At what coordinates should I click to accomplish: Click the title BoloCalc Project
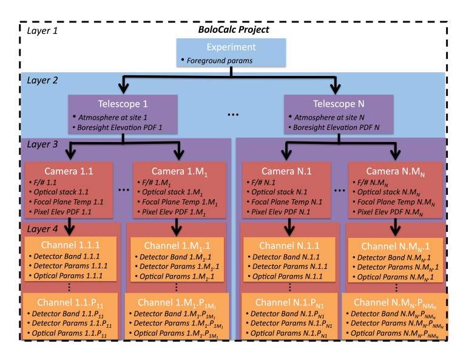tap(233, 30)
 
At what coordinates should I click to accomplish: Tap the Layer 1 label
tap(42, 30)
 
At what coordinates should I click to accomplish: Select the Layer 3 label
tap(42, 144)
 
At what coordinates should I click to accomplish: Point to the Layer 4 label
tap(42, 229)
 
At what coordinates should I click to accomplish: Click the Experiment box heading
tap(231, 47)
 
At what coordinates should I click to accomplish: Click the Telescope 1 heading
tap(123, 104)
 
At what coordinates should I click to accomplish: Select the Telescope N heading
tap(339, 104)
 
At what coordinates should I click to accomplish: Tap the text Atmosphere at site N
tap(329, 117)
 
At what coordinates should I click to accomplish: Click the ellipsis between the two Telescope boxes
tap(233, 115)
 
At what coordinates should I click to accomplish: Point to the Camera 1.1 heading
tap(69, 171)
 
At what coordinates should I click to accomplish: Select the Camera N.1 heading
tap(286, 171)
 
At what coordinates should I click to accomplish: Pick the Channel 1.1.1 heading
tap(70, 245)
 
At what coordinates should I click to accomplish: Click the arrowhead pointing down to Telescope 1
tap(124, 87)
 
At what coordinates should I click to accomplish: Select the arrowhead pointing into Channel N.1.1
tap(289, 230)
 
